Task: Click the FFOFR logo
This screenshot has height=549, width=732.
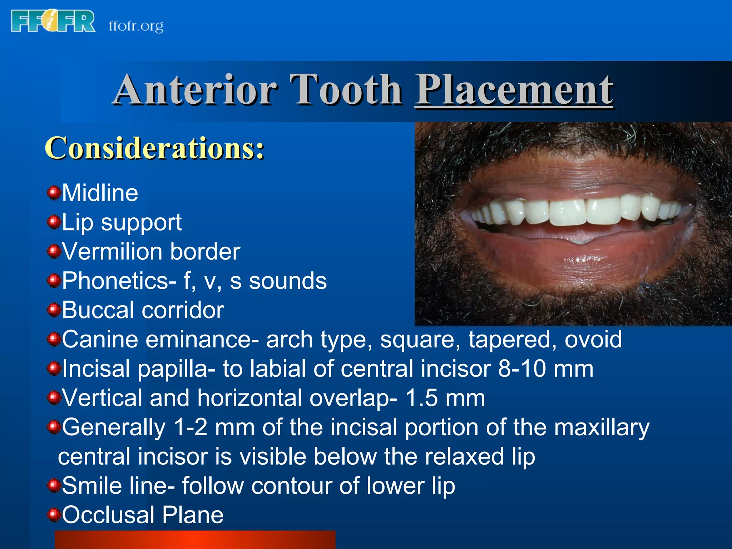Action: click(53, 21)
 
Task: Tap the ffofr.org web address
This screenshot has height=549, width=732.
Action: click(136, 26)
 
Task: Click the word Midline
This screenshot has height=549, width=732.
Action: click(100, 193)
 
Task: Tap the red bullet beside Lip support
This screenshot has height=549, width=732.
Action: click(54, 222)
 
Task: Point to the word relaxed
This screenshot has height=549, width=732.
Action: click(464, 457)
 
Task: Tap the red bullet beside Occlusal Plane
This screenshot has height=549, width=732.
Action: click(54, 515)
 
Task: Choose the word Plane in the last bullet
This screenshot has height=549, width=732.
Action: click(193, 515)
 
